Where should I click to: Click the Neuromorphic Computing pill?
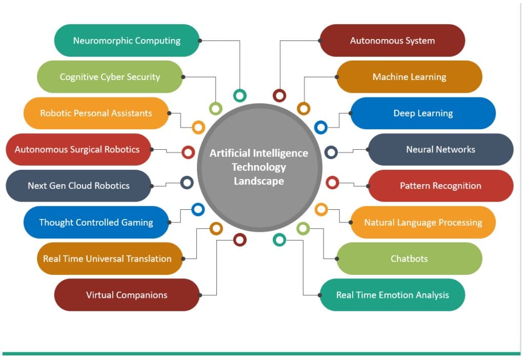(127, 41)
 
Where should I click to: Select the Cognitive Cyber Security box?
(110, 77)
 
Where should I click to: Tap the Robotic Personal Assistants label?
(96, 113)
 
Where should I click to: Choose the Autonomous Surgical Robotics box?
(77, 150)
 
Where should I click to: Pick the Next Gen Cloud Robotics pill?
(78, 186)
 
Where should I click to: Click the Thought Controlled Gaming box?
(96, 222)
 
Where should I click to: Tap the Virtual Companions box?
(127, 295)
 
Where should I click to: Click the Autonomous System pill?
(392, 41)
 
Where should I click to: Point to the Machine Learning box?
(409, 77)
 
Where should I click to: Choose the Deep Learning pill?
(423, 113)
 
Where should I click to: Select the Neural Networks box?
(440, 150)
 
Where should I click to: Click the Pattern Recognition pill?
(440, 186)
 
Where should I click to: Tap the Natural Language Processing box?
(423, 222)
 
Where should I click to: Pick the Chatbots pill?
(409, 258)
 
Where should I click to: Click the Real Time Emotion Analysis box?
(392, 295)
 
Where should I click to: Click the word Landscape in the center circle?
(259, 181)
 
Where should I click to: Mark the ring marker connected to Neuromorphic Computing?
(239, 95)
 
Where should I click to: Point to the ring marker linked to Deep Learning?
(320, 127)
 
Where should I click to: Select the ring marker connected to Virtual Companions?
(239, 239)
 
